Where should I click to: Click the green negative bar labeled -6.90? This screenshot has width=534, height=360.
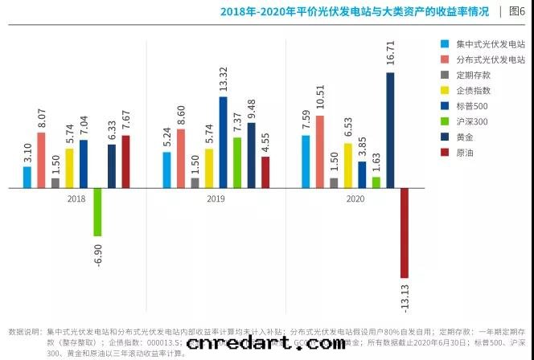coord(97,211)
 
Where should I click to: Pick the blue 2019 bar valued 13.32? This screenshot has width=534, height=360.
coord(223,142)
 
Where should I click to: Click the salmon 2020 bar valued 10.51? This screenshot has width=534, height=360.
coord(320,152)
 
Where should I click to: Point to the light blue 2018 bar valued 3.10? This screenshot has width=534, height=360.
coord(27,177)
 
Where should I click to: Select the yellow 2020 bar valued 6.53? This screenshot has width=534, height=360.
coord(348,166)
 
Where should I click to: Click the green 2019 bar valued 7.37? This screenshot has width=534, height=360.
coord(237,162)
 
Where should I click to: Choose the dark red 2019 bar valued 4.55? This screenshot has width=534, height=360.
coord(265,172)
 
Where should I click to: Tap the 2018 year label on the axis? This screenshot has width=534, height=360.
coord(76,198)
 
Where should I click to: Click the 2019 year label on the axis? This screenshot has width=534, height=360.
coord(216,198)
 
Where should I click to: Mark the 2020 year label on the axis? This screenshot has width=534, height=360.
coord(355,198)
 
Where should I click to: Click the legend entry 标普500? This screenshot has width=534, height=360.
coord(471,106)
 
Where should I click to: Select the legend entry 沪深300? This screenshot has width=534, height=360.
coord(471,121)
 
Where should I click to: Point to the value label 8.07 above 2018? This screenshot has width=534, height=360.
coord(42,118)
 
